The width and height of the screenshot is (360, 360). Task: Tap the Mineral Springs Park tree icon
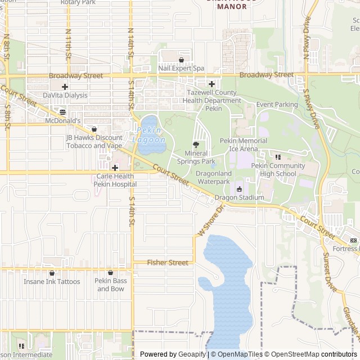pos(196,144)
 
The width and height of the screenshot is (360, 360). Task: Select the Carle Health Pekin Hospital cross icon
pos(115,167)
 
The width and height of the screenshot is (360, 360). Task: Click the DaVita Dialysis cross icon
pos(65,87)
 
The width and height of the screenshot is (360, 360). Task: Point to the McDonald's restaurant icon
pos(62,112)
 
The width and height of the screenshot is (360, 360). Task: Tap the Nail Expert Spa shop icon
pos(181,60)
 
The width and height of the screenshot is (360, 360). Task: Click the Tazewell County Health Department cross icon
pos(211,84)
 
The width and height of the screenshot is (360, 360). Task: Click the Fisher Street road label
pos(168,263)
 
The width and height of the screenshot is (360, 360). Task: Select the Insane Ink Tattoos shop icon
pos(51,273)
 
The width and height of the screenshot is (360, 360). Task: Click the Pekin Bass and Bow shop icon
pos(110,273)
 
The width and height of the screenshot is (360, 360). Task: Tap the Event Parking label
pos(277,105)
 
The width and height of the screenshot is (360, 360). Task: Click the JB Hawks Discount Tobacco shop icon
pos(94,129)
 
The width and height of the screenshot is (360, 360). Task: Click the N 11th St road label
pos(68,44)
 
